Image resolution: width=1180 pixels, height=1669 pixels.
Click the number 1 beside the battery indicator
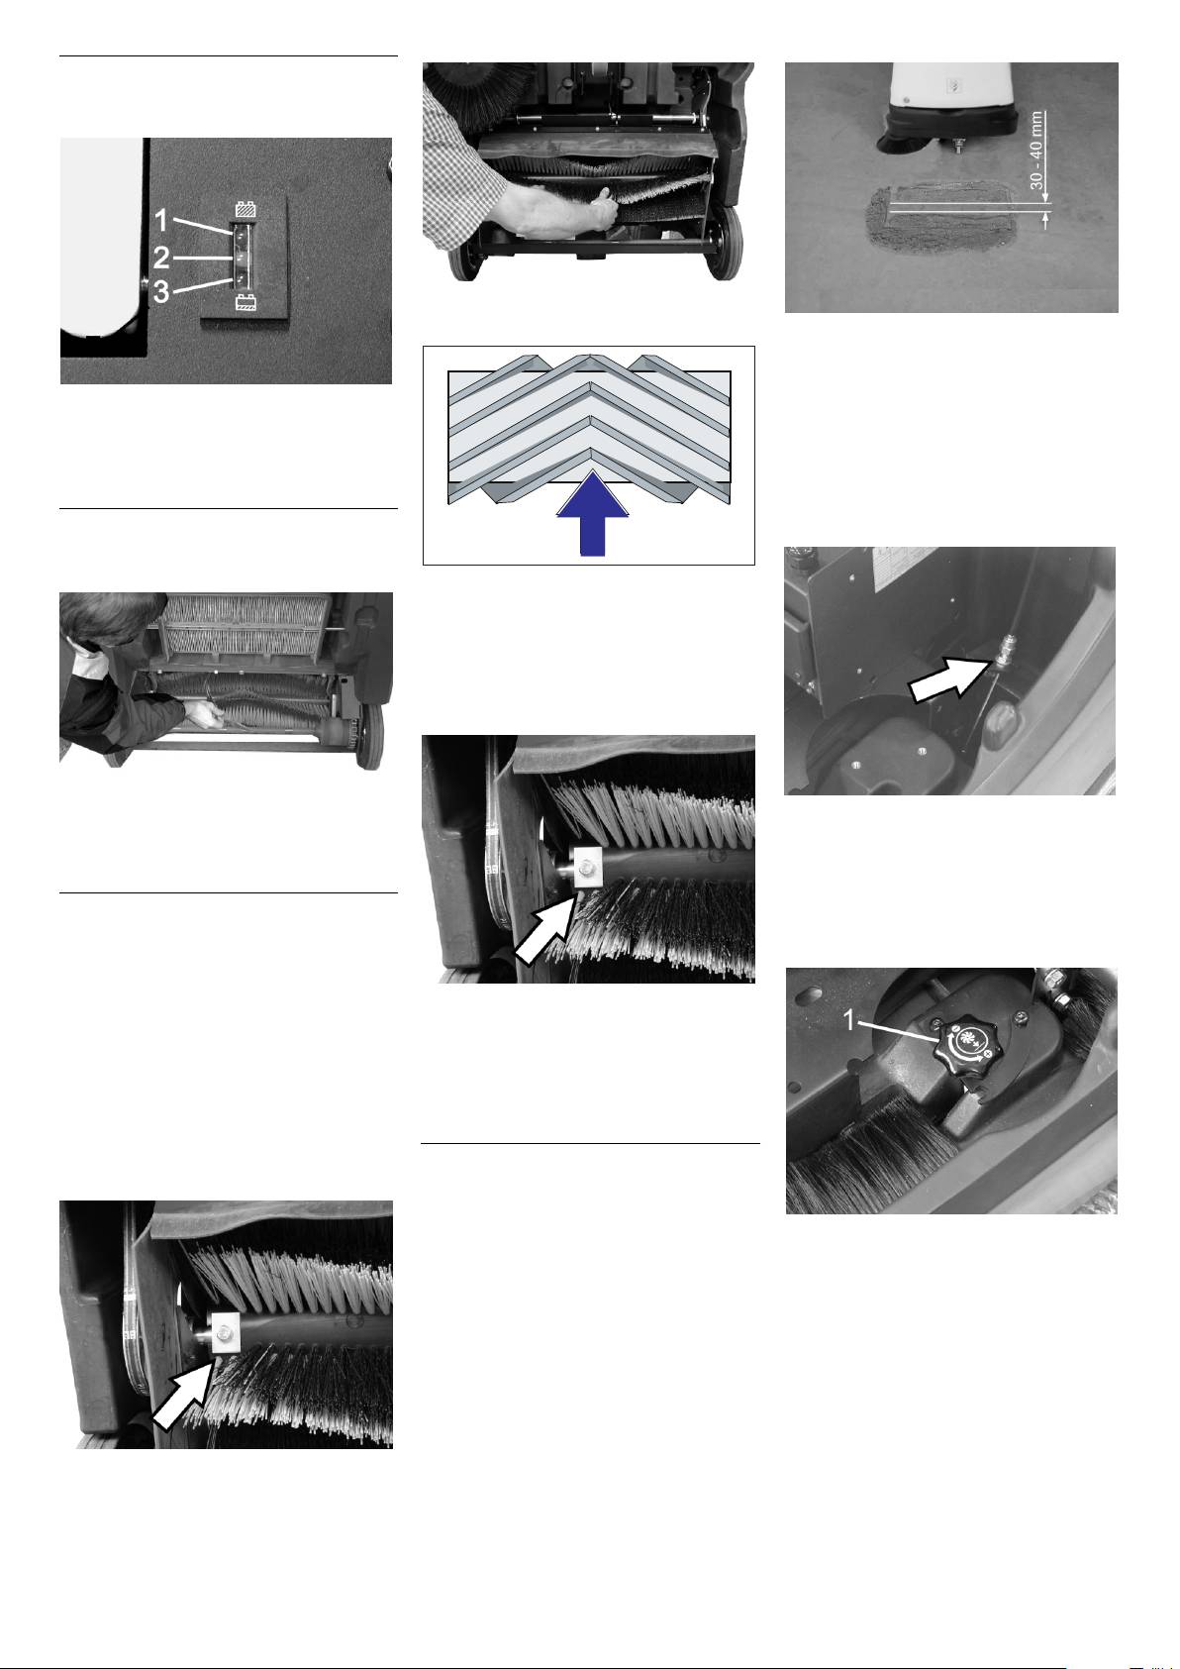pyautogui.click(x=160, y=221)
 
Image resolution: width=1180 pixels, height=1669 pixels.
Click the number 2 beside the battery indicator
pyautogui.click(x=161, y=258)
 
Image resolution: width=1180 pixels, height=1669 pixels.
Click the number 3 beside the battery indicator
pyautogui.click(x=161, y=291)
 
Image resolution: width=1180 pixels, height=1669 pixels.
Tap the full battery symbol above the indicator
pyautogui.click(x=245, y=209)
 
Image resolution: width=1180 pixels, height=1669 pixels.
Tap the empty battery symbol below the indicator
pyautogui.click(x=245, y=301)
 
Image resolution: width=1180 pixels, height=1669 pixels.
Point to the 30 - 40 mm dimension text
pyautogui.click(x=1036, y=151)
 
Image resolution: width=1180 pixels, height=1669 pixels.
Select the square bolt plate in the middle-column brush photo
pyautogui.click(x=586, y=867)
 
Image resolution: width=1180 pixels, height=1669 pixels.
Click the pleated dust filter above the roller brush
pyautogui.click(x=246, y=624)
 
